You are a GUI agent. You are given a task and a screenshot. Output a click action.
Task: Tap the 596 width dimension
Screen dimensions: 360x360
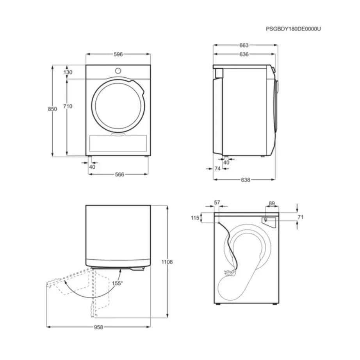[x=118, y=54]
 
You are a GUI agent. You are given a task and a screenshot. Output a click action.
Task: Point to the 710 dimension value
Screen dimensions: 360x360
[x=68, y=106]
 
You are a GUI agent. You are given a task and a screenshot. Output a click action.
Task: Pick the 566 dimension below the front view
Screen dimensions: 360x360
[x=119, y=175]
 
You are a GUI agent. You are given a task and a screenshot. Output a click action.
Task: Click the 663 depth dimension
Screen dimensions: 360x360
[x=244, y=45]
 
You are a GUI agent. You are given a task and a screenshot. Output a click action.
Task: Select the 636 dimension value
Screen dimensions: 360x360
[x=244, y=54]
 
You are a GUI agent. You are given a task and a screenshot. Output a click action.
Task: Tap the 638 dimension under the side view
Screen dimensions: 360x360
[x=245, y=180]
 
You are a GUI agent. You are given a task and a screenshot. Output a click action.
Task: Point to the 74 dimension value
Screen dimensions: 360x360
[x=217, y=169]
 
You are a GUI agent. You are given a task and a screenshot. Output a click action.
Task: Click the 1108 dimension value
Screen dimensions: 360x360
[x=167, y=262]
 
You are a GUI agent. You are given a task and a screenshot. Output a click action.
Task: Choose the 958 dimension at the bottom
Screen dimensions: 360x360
[x=98, y=328]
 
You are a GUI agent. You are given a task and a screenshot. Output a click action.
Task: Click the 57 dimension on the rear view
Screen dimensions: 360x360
[x=217, y=203]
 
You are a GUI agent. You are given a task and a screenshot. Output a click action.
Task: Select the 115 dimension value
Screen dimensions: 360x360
[x=195, y=218]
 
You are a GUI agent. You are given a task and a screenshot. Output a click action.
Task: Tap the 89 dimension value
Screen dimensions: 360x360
[x=272, y=203]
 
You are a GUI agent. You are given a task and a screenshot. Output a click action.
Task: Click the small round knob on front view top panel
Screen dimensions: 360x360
[x=118, y=71]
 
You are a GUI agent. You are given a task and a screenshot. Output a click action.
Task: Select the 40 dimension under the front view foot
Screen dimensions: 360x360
[x=93, y=167]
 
